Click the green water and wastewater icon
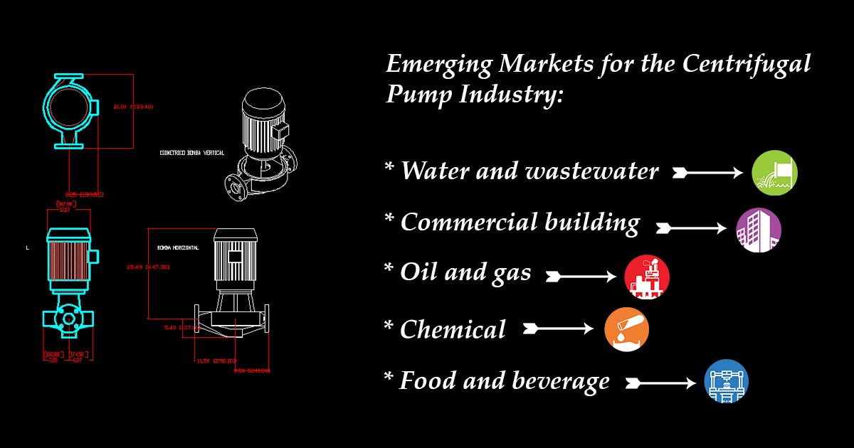point(774,173)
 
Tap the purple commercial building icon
point(759,230)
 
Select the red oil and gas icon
point(647,277)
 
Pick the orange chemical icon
point(627,329)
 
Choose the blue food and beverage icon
point(727,382)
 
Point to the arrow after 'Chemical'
point(557,329)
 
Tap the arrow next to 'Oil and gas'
point(581,277)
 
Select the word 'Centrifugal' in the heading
point(747,64)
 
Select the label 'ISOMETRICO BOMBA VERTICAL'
point(192,153)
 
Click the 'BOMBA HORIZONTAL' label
point(178,247)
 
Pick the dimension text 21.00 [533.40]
point(134,107)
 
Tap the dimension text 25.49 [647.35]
point(148,267)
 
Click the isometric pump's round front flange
point(236,186)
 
